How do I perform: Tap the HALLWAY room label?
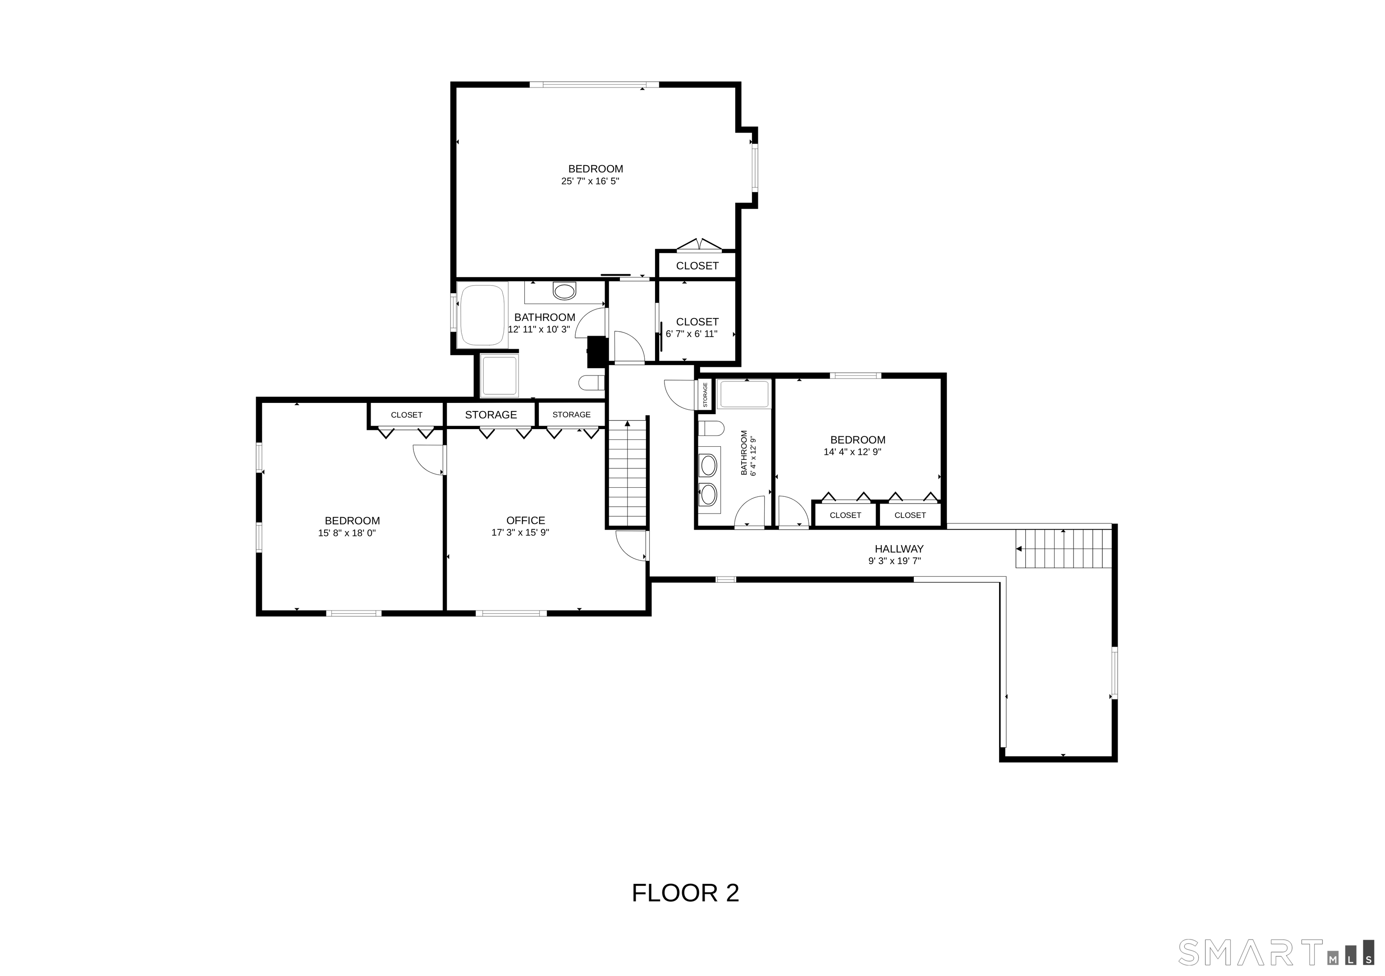899,549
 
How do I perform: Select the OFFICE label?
525,520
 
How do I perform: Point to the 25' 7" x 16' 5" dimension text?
590,181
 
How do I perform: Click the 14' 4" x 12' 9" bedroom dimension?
853,452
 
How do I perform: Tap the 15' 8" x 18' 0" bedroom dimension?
347,533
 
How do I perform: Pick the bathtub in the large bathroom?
482,315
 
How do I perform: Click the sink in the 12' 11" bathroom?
564,292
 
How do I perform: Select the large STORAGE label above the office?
491,415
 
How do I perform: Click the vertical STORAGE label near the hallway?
705,395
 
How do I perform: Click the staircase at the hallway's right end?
1064,549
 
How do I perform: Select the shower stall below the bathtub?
500,376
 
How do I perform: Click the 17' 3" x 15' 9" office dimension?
520,532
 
